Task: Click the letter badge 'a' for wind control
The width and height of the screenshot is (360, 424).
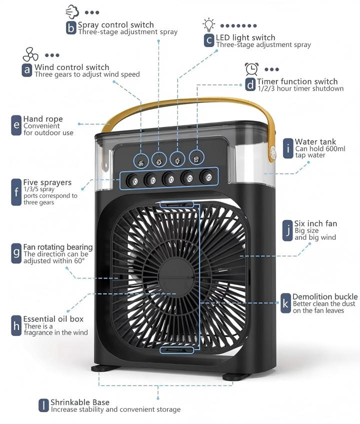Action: tap(27, 69)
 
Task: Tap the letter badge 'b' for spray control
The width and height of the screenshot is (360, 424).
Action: tap(71, 27)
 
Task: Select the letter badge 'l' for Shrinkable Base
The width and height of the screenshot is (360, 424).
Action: tap(44, 405)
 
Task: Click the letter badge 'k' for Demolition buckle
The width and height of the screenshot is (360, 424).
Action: tap(285, 303)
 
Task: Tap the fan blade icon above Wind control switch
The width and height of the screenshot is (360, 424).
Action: tap(30, 54)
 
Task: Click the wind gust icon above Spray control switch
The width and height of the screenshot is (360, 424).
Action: tap(72, 11)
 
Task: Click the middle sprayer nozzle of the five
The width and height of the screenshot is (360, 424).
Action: tap(169, 178)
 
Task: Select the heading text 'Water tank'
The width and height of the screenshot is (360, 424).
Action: tap(315, 142)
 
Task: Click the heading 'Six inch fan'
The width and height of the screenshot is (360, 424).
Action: tap(315, 223)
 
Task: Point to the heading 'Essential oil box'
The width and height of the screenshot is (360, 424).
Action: tap(53, 319)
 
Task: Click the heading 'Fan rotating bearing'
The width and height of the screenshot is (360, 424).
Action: tap(58, 247)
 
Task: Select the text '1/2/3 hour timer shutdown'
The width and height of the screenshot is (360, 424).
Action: tap(300, 88)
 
